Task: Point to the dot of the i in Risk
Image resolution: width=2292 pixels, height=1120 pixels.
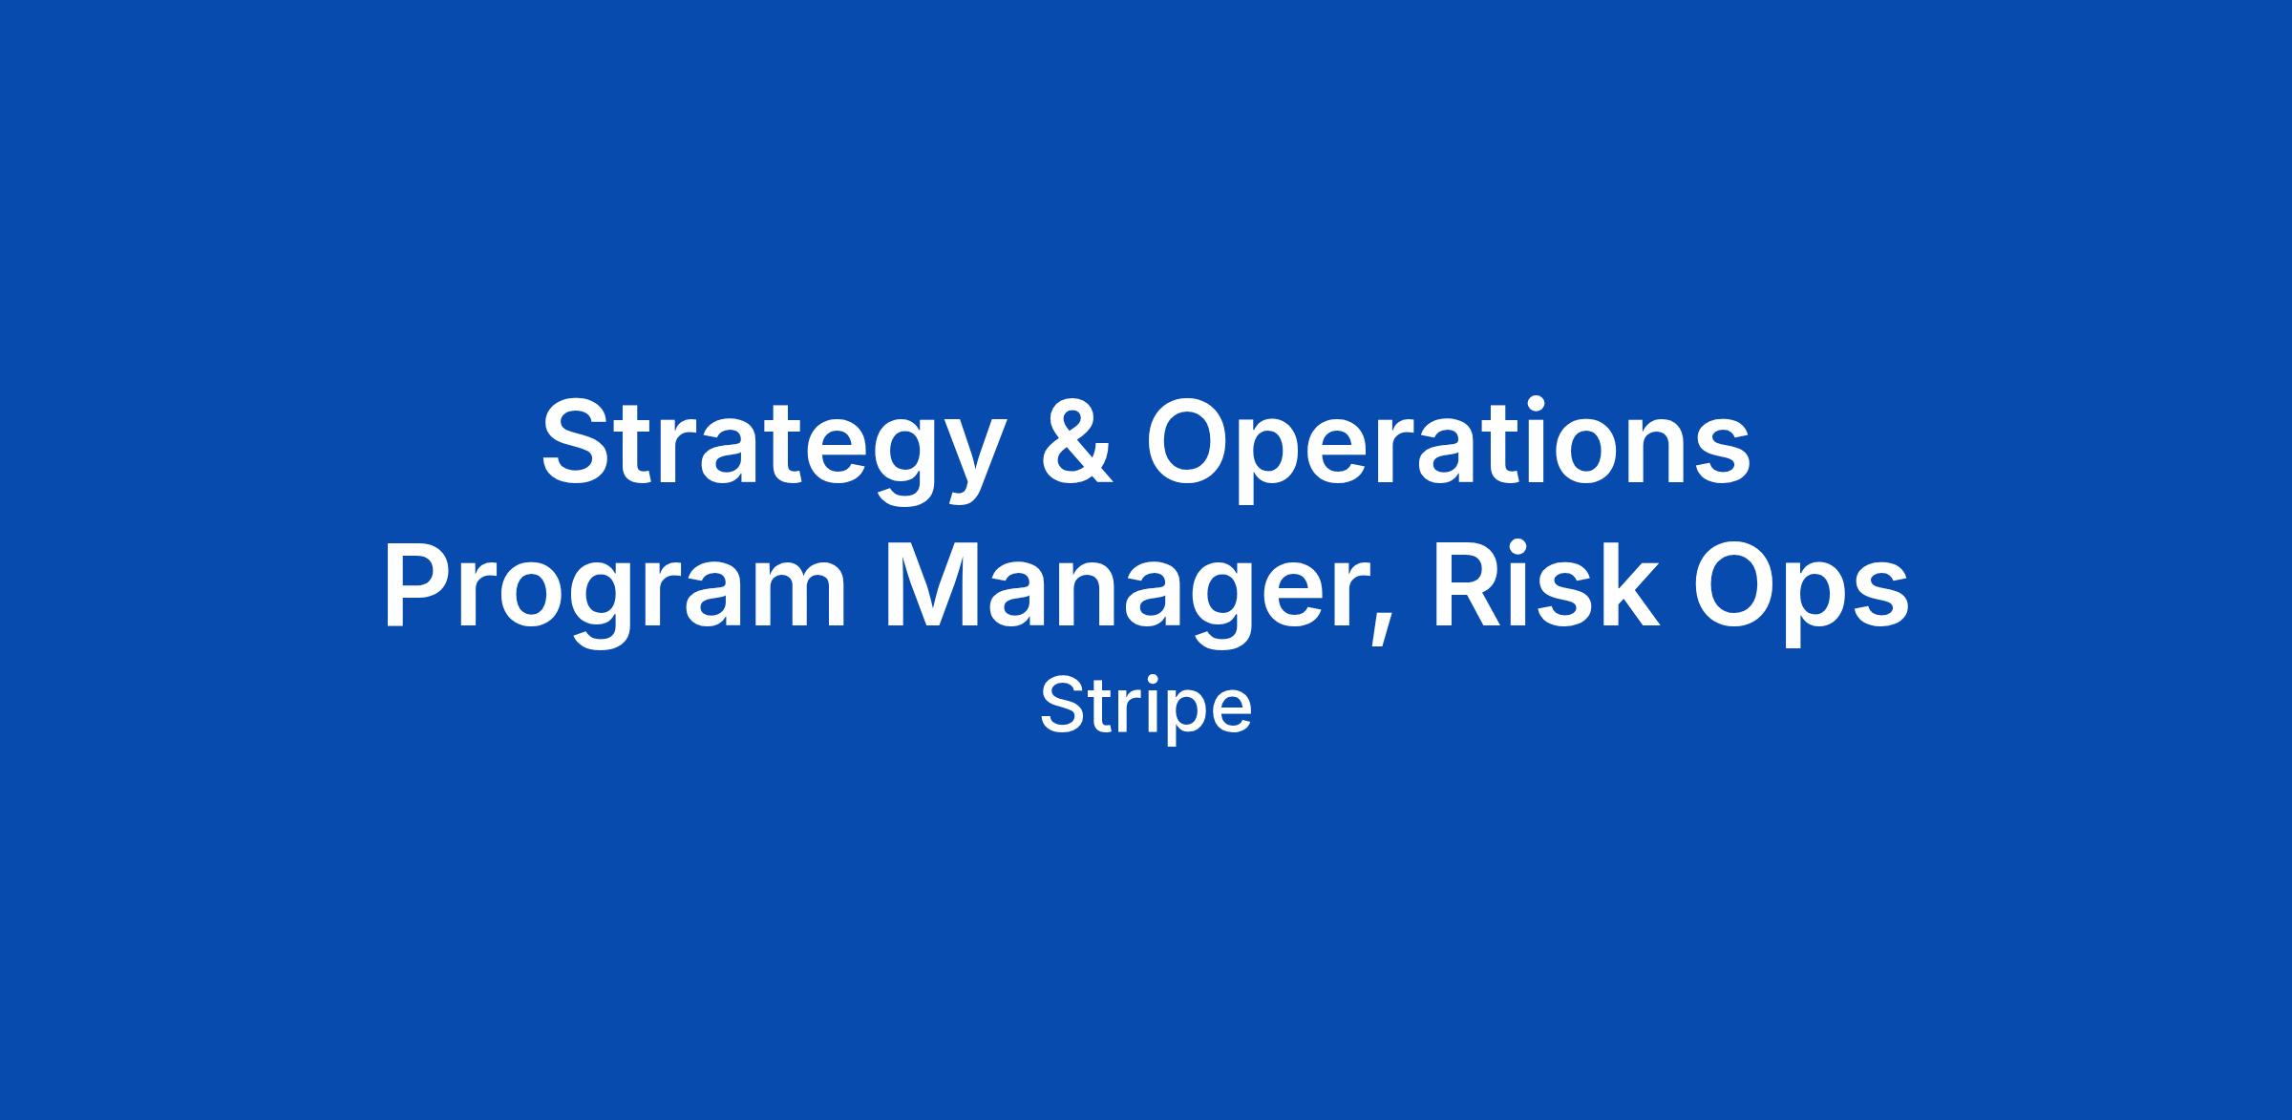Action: point(1527,549)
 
